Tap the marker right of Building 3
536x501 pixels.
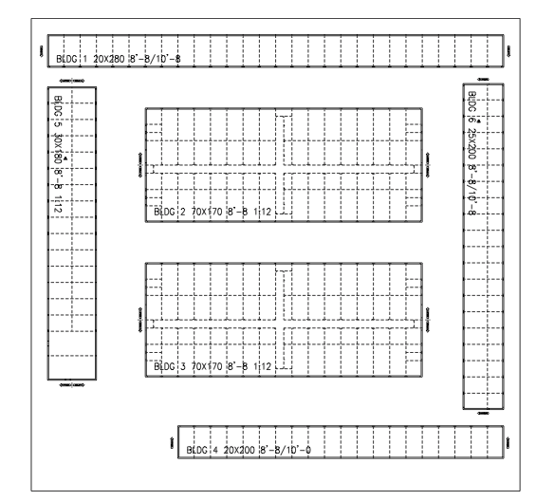[x=428, y=315]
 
